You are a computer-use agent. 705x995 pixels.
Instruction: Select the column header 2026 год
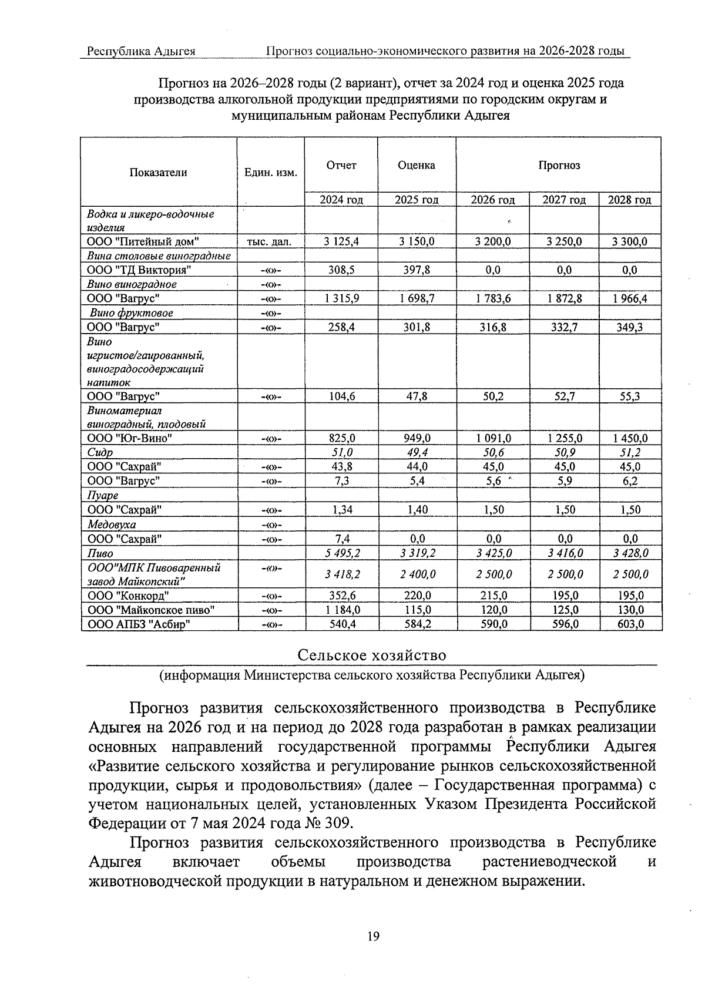pos(492,200)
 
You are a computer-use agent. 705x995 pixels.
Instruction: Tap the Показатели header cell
pos(159,172)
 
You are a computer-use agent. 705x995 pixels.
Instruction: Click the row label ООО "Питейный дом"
pos(143,241)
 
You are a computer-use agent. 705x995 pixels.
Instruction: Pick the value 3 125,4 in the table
pos(341,241)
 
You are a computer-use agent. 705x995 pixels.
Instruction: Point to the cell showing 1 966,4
pos(629,298)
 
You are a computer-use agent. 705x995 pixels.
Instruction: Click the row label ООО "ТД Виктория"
pos(139,270)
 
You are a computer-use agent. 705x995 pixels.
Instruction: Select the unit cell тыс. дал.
pos(271,241)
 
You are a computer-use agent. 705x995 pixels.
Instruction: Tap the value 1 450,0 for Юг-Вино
pos(629,438)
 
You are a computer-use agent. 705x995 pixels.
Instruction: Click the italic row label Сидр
pos(100,453)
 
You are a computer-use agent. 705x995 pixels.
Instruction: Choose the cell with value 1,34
pos(341,510)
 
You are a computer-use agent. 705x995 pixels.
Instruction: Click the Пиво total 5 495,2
pos(341,553)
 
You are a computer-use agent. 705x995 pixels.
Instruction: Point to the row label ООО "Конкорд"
pos(128,596)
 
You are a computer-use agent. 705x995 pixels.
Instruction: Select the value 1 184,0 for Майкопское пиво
pos(341,610)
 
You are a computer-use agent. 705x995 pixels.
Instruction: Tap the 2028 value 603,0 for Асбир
pos(629,624)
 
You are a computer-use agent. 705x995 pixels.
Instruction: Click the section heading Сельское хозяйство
pos(371,656)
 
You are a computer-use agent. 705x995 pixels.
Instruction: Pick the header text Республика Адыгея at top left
pos(141,51)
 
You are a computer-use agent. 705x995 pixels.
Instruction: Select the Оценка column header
pos(416,166)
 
